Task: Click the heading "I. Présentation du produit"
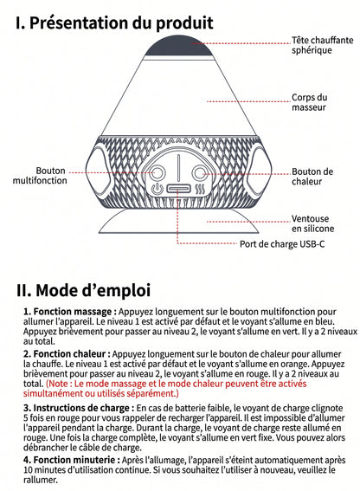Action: coord(114,23)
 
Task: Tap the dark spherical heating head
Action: coord(178,46)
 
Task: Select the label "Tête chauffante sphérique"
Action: coord(323,45)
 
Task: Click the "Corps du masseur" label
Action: coord(310,102)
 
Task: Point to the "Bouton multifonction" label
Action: coord(40,175)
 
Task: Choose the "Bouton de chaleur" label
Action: coord(312,177)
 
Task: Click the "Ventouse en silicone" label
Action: coord(312,223)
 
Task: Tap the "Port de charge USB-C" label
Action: coord(282,244)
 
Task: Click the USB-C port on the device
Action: coord(178,189)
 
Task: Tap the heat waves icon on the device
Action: coord(200,189)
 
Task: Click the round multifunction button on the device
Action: coord(157,173)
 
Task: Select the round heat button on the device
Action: coord(200,173)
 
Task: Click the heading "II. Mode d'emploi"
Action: coord(83,290)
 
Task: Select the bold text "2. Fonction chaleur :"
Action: coord(67,354)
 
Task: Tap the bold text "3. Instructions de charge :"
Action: coord(79,408)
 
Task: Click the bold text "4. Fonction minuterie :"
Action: coord(72,460)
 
